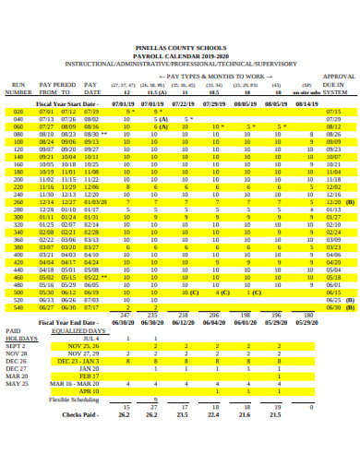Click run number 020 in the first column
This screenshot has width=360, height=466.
coord(18,111)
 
